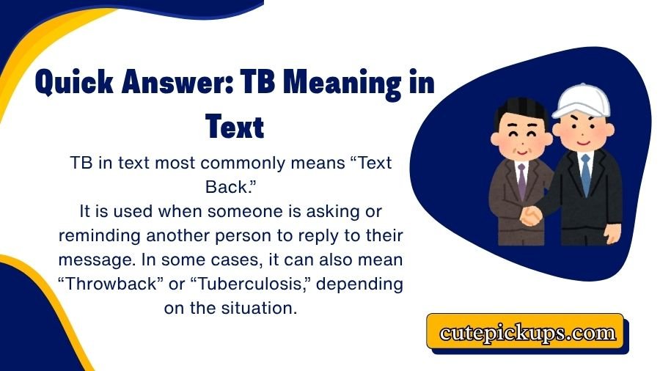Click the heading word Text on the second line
tap(234, 125)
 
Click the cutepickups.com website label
tap(527, 333)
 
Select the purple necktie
tap(521, 178)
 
